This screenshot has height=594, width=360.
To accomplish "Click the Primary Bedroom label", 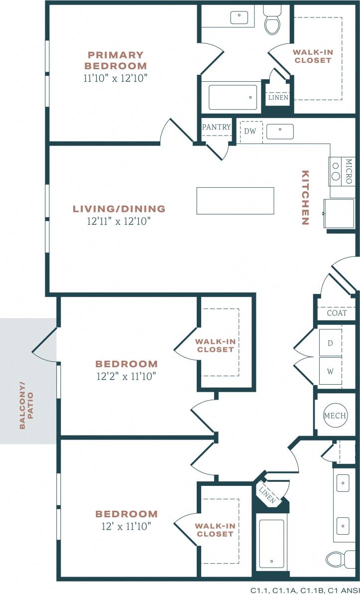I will click(116, 60).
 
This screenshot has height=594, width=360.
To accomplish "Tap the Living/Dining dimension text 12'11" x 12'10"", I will click(118, 221).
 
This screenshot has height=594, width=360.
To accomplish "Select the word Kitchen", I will click(305, 198).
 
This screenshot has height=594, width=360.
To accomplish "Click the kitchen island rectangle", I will click(235, 201).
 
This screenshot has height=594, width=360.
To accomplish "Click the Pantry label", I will click(216, 127).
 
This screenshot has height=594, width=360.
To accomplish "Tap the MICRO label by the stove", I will click(349, 171).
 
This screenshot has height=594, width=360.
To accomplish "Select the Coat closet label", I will click(337, 313).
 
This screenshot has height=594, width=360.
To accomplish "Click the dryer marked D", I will click(330, 343).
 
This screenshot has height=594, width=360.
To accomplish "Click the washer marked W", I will click(330, 371).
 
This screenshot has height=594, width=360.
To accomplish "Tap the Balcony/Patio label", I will click(26, 405).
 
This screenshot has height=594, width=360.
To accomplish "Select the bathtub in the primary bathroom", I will click(233, 97).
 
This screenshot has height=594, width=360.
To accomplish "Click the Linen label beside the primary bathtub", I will click(278, 98).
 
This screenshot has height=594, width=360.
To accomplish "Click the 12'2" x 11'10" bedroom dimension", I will click(126, 376).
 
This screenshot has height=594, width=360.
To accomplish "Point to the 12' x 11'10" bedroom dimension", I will click(126, 526).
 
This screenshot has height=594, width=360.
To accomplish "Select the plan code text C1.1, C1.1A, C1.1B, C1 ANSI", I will click(305, 590).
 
